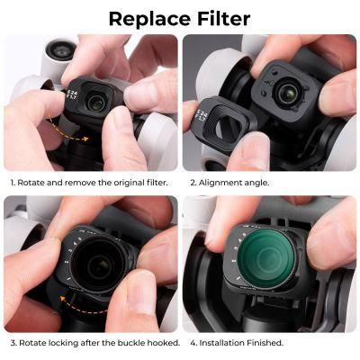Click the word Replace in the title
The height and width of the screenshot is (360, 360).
pos(149,19)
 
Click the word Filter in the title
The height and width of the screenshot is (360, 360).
pos(224,19)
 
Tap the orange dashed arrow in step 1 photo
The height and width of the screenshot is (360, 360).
pos(67,133)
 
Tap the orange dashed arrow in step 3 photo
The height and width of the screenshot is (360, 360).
pos(81,305)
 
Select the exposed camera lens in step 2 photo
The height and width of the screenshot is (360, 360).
pos(286,92)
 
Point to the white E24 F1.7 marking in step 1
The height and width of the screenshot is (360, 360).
pos(70,95)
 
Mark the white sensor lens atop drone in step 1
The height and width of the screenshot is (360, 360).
pos(61,49)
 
